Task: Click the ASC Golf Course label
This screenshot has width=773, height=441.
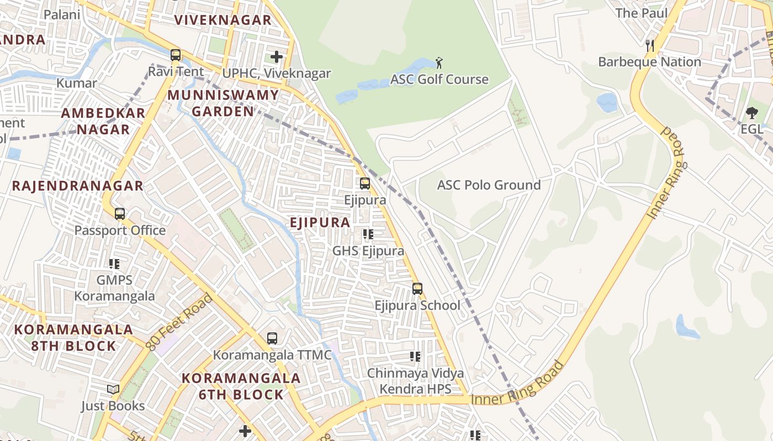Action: pyautogui.click(x=440, y=79)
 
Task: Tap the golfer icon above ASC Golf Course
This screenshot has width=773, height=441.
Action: pyautogui.click(x=439, y=62)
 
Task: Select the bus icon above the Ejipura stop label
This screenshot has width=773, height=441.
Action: pyautogui.click(x=365, y=184)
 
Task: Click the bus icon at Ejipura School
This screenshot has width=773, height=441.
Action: pyautogui.click(x=417, y=289)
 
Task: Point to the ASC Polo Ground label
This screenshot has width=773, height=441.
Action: pyautogui.click(x=489, y=185)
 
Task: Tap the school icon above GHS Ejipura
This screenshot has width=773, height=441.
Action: pyautogui.click(x=368, y=235)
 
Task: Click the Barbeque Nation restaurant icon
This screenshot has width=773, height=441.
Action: pyautogui.click(x=650, y=45)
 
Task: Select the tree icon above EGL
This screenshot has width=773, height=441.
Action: pyautogui.click(x=751, y=113)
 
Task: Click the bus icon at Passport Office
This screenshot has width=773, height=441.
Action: pyautogui.click(x=120, y=214)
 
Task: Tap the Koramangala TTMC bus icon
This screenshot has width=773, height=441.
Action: pyautogui.click(x=272, y=338)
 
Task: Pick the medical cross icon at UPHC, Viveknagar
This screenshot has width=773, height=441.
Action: pyautogui.click(x=277, y=57)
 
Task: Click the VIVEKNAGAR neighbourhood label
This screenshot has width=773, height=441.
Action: pyautogui.click(x=223, y=20)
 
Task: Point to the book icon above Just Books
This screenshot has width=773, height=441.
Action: pyautogui.click(x=113, y=390)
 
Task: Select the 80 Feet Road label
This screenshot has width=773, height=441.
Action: pyautogui.click(x=180, y=322)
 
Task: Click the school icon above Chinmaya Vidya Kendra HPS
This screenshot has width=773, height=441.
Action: pyautogui.click(x=416, y=357)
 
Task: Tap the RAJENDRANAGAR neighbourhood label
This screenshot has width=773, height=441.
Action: pyautogui.click(x=78, y=186)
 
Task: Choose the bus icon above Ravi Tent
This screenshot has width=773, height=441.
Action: pyautogui.click(x=176, y=55)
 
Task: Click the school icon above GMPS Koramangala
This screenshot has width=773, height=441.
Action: pyautogui.click(x=114, y=264)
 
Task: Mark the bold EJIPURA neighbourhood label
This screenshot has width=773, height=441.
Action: pyautogui.click(x=320, y=223)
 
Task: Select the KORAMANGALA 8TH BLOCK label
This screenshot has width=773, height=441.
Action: pyautogui.click(x=73, y=338)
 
